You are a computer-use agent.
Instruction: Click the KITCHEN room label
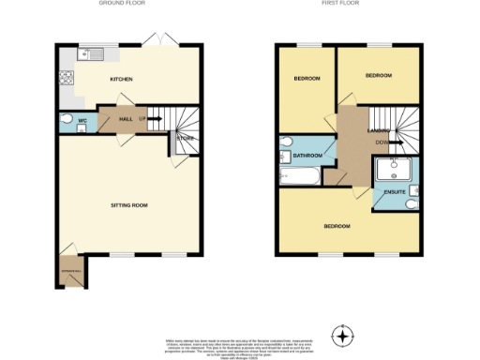click(x=121, y=80)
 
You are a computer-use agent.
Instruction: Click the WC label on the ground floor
click(x=82, y=120)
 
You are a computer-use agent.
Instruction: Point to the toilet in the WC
click(x=66, y=121)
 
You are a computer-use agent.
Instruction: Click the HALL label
click(x=125, y=119)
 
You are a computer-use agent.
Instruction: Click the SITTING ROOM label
click(x=131, y=204)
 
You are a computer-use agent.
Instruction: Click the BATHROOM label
click(x=307, y=155)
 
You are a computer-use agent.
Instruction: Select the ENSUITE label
click(x=395, y=193)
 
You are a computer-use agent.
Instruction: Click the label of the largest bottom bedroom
click(x=337, y=226)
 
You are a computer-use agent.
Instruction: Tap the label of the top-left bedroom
click(x=307, y=78)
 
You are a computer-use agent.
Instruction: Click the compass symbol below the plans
click(x=344, y=335)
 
